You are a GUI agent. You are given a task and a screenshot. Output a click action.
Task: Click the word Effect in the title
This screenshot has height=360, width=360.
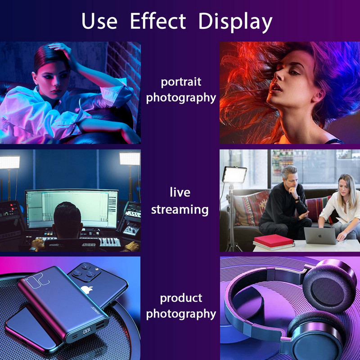(x=157, y=21)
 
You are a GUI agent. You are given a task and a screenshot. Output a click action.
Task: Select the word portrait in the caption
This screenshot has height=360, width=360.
(x=181, y=82)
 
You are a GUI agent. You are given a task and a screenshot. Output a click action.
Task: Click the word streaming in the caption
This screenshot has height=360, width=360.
(x=180, y=209)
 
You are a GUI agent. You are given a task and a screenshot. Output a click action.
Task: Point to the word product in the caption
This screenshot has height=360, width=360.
(x=181, y=298)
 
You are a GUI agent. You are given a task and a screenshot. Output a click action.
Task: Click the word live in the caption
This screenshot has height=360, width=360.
(x=180, y=193)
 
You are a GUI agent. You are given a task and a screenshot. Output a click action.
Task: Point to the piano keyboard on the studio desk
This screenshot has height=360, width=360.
(x=108, y=242)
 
